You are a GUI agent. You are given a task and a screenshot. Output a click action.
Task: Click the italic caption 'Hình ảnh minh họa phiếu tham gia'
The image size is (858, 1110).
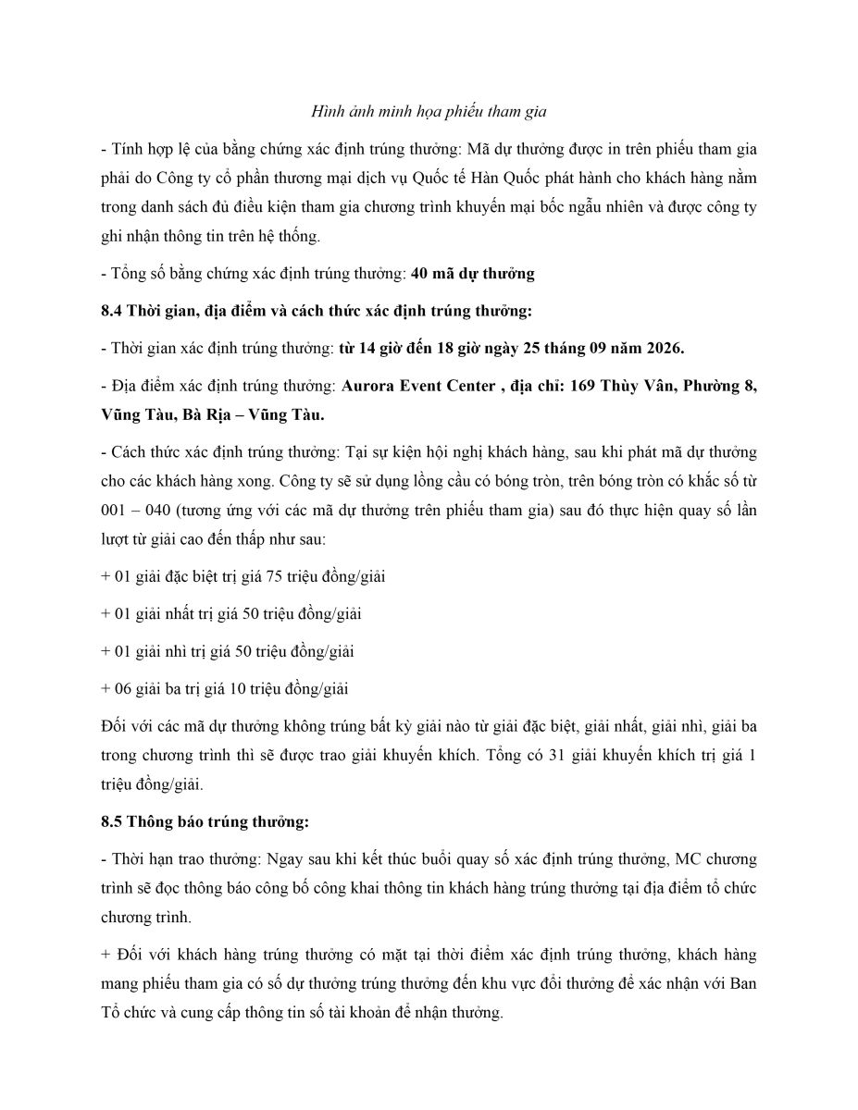pos(429,112)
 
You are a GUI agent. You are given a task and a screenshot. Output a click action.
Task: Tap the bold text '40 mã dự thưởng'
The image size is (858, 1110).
pos(472,273)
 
